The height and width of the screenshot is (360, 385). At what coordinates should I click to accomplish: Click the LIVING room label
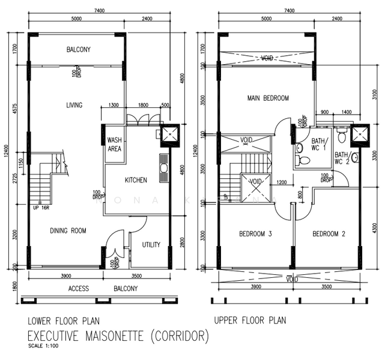pos(74,106)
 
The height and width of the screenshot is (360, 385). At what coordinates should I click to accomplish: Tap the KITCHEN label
pos(136,180)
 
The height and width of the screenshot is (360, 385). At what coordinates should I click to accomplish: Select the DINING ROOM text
pos(68,230)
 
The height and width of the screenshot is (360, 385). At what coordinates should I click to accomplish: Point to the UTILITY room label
pos(151,245)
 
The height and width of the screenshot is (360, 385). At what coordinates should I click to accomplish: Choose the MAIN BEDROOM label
pos(268,98)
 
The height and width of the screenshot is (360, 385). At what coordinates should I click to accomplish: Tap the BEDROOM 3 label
pos(256,234)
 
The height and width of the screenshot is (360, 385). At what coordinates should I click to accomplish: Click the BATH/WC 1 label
pos(318,145)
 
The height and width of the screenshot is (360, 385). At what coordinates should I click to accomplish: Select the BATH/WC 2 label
pos(342,158)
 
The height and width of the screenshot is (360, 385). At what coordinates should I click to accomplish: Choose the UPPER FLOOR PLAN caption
pos(250,320)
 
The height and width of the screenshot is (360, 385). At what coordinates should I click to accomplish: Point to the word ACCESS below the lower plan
pos(79,289)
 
